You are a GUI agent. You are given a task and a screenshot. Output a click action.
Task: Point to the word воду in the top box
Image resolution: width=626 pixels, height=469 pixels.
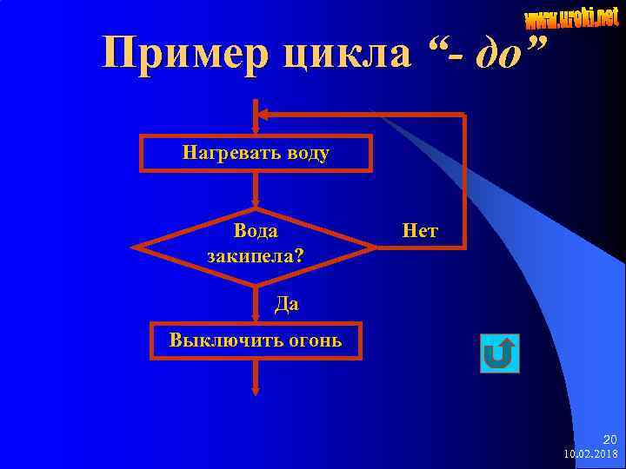click(x=302, y=154)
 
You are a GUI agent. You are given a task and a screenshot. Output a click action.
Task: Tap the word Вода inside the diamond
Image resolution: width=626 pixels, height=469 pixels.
click(x=256, y=231)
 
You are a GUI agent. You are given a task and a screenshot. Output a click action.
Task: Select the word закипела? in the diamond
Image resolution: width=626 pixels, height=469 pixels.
click(x=256, y=256)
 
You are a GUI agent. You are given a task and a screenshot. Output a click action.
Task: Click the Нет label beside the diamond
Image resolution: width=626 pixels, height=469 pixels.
click(x=420, y=231)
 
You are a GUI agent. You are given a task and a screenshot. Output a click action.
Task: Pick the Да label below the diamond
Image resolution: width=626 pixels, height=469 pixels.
click(x=286, y=303)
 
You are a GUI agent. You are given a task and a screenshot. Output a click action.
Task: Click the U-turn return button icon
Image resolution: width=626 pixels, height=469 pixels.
click(x=499, y=354)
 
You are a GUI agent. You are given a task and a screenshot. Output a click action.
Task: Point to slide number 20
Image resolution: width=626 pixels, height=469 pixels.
click(x=609, y=440)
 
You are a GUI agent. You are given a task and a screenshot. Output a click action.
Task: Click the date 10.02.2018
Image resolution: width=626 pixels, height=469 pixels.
click(x=590, y=454)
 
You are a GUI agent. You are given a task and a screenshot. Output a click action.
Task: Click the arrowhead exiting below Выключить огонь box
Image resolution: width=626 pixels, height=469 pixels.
click(x=256, y=390)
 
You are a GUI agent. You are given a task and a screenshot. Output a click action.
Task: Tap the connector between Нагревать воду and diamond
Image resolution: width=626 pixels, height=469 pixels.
click(x=256, y=188)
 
